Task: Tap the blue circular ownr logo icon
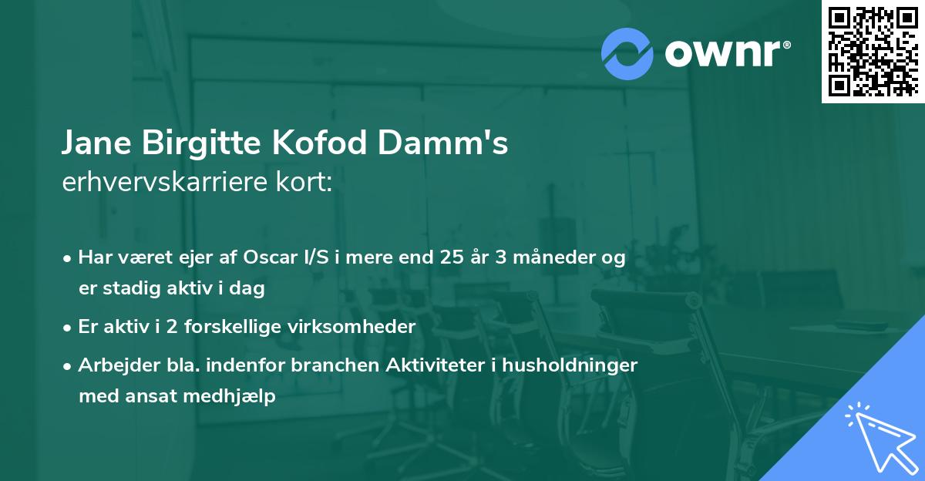click(x=627, y=54)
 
